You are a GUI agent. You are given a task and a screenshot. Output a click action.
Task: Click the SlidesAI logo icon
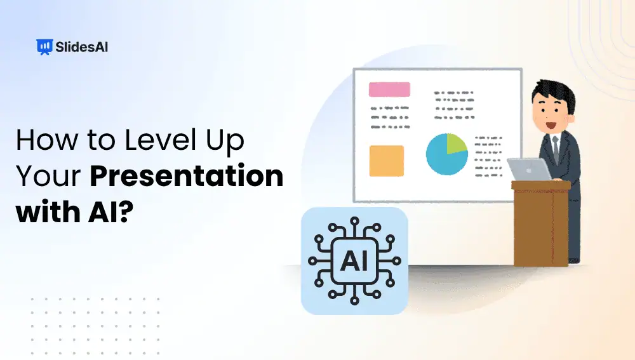pos(44,46)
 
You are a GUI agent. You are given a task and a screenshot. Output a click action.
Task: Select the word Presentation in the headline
pos(186,176)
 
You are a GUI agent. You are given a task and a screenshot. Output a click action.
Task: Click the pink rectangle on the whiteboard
pos(389,90)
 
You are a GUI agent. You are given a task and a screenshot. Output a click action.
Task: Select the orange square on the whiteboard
pos(386,161)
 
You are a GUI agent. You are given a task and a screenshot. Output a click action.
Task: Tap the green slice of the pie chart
pos(456,144)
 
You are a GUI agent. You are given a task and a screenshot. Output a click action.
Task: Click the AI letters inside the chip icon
pos(354,260)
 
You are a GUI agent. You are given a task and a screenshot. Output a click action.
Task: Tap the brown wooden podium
pos(540,222)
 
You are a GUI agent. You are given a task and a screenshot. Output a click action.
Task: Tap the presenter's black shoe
pos(573,260)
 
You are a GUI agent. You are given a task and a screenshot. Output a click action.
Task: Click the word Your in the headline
pos(48,176)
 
